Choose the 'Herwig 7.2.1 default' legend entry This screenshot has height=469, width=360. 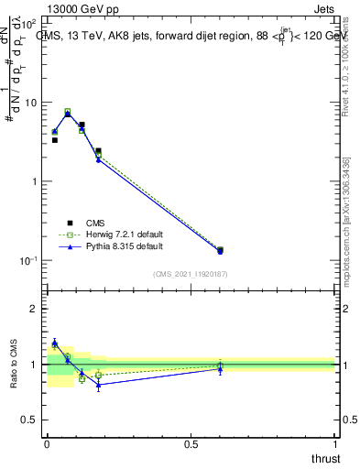[115, 234]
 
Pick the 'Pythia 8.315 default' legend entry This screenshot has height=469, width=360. [115, 246]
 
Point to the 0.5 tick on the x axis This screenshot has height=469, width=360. [191, 444]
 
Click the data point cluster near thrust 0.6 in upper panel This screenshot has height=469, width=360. [220, 250]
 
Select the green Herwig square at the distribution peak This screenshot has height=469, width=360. [68, 112]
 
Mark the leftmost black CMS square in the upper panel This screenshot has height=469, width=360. [54, 140]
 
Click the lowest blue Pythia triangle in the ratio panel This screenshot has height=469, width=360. [98, 385]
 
